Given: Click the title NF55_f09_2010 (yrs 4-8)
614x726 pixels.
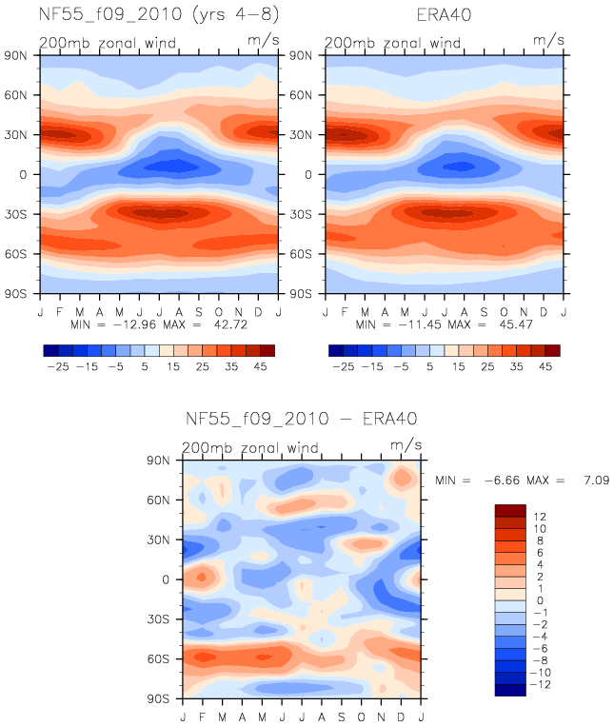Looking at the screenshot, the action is [x=159, y=14].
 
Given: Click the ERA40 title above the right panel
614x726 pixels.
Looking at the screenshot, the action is [x=444, y=15].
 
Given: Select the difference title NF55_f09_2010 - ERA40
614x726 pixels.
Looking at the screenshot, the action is [x=301, y=419].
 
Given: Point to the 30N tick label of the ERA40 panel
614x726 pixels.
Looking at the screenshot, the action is [x=301, y=135].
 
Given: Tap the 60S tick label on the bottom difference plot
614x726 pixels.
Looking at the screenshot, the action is [x=158, y=658].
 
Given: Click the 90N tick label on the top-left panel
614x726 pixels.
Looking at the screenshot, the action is [x=15, y=55].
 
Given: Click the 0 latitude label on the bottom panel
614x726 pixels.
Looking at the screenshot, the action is [x=166, y=579].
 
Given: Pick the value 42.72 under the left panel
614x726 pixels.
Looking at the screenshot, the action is [x=230, y=324].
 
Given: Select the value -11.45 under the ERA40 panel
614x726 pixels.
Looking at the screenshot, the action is [x=420, y=324].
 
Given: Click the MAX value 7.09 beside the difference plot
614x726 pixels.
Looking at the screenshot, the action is [x=597, y=481].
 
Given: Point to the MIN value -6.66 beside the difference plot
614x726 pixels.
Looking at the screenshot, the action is [x=502, y=481].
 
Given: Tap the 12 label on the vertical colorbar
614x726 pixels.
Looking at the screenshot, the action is [x=540, y=517].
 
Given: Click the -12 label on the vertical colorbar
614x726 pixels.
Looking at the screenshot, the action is [x=541, y=684].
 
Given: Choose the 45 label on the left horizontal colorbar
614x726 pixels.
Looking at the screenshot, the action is [x=260, y=366].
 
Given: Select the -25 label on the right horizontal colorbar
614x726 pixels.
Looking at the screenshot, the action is [x=343, y=366].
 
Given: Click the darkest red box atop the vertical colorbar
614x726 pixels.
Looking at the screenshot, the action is [x=510, y=511].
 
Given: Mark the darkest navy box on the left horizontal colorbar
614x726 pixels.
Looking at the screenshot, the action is [x=51, y=350].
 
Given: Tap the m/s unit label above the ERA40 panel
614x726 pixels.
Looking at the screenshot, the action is [x=548, y=40].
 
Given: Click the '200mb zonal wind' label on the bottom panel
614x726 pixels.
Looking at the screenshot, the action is [x=250, y=448].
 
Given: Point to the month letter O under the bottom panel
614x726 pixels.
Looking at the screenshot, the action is [x=361, y=716].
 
